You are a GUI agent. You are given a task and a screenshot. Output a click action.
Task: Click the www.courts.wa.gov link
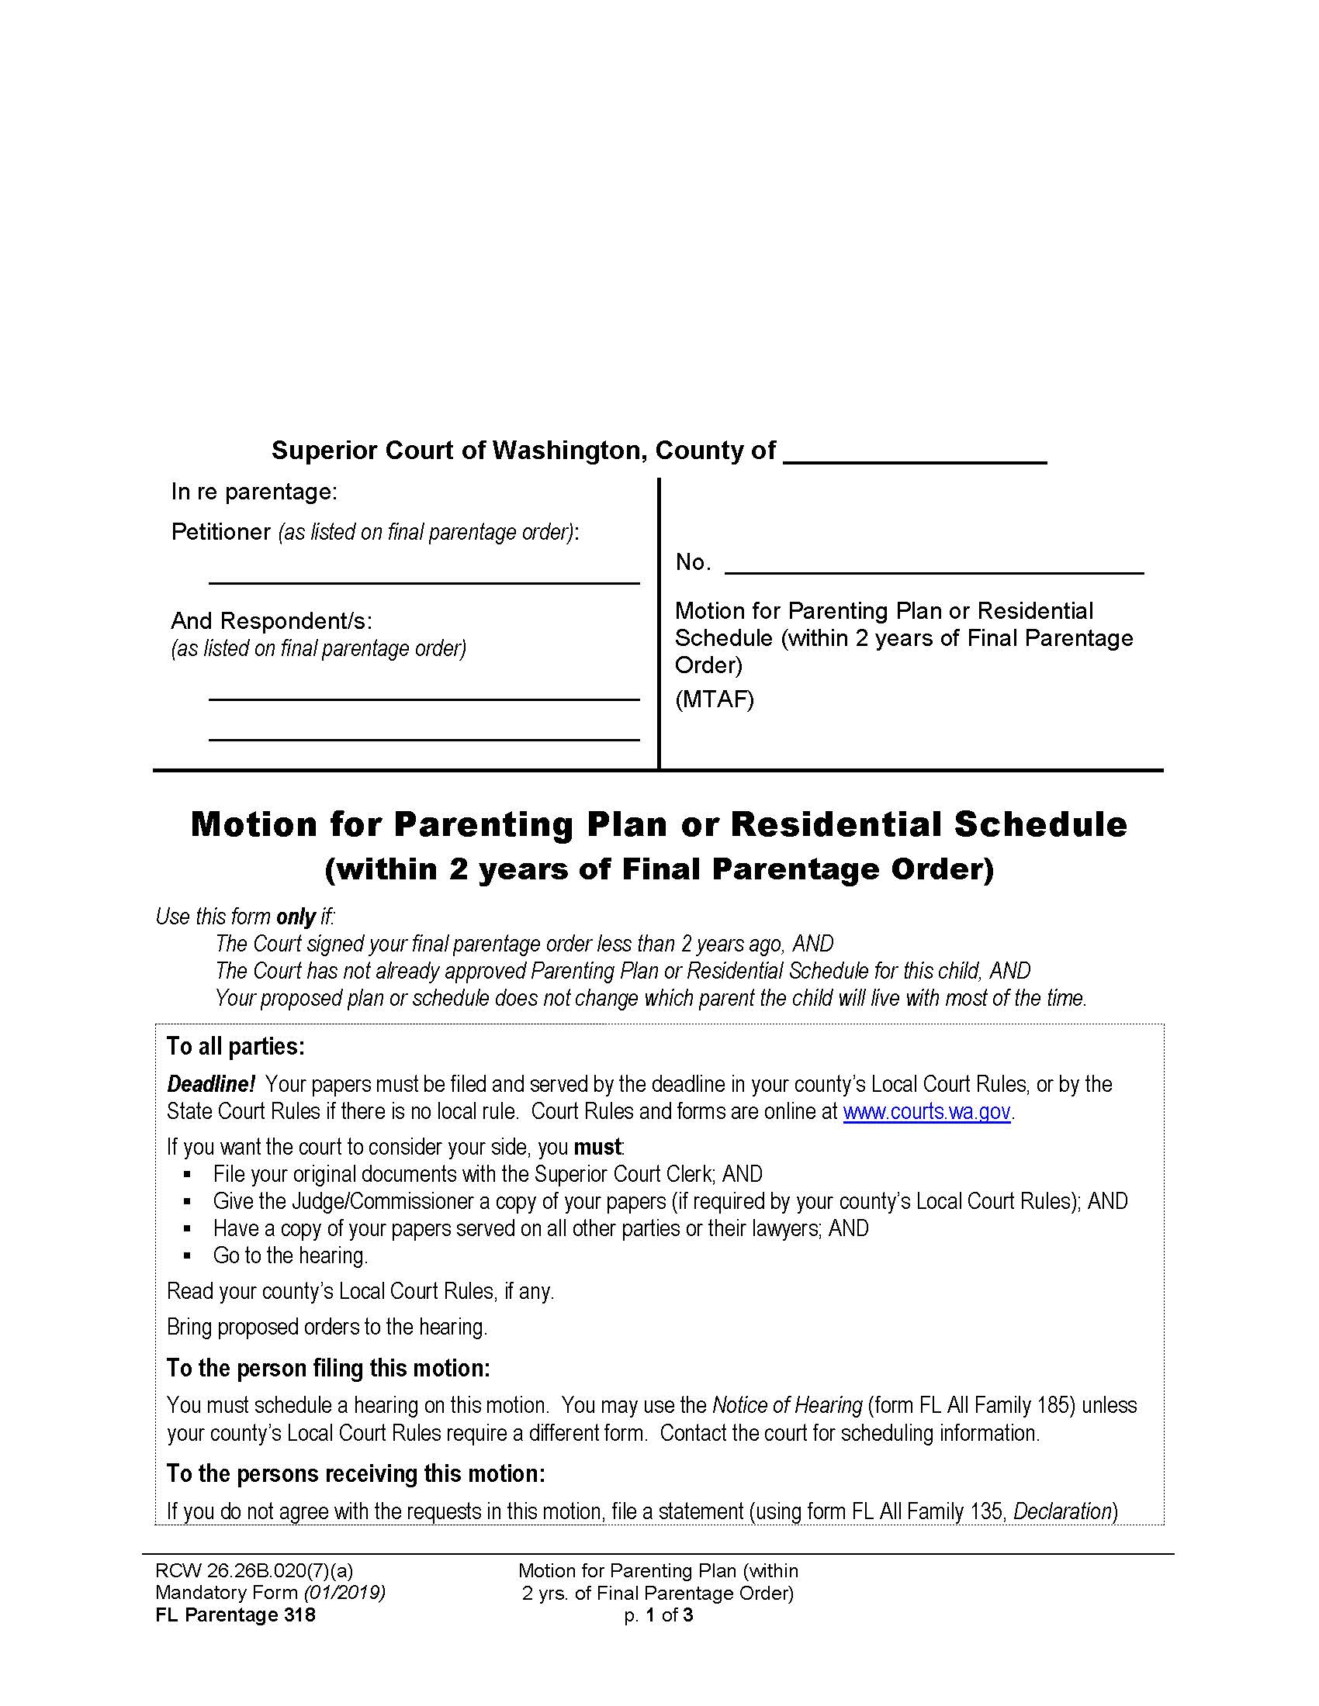(x=926, y=1111)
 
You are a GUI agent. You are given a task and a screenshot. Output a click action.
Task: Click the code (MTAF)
(x=714, y=699)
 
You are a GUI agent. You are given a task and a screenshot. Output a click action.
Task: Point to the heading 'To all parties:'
(x=235, y=1047)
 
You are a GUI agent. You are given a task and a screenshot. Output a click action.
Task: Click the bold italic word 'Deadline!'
(x=211, y=1084)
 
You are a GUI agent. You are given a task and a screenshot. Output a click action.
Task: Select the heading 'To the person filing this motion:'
(x=328, y=1369)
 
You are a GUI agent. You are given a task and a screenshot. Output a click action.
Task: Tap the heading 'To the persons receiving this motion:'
(x=355, y=1474)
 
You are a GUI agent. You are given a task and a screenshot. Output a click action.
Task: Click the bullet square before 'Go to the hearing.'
(x=187, y=1257)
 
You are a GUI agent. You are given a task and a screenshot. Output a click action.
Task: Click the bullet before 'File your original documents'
(x=187, y=1175)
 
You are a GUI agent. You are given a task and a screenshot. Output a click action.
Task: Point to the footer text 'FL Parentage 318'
(x=235, y=1615)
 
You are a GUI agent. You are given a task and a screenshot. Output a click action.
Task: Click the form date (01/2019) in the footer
(x=344, y=1593)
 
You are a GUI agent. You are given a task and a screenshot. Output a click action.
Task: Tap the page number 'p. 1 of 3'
(x=658, y=1615)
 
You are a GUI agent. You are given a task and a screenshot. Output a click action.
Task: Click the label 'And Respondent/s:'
(x=271, y=621)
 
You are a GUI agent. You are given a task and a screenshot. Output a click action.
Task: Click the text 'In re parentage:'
(x=254, y=492)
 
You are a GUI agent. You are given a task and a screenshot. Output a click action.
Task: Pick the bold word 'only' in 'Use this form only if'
(x=296, y=917)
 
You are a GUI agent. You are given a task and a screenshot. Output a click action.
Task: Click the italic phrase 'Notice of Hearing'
(x=786, y=1405)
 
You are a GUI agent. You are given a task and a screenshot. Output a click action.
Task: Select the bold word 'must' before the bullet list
(x=597, y=1148)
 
